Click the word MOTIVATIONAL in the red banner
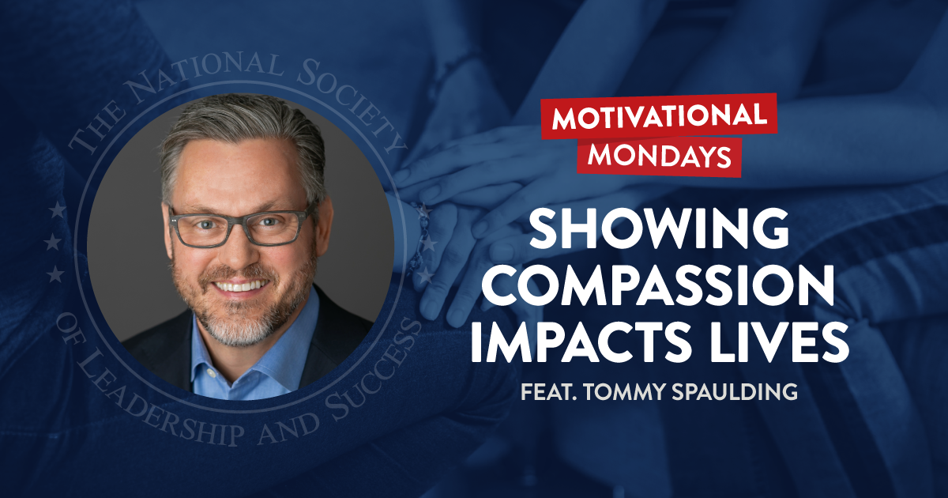(x=658, y=117)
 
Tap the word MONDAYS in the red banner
(x=658, y=155)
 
